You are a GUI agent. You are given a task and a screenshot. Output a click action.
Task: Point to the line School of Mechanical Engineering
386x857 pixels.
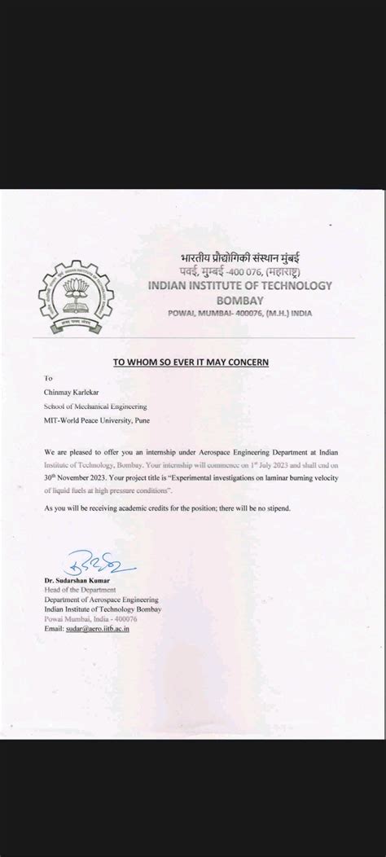tap(95, 406)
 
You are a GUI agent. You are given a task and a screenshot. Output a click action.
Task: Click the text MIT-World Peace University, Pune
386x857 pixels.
tap(97, 420)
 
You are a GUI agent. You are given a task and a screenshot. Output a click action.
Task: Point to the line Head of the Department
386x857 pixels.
tap(81, 590)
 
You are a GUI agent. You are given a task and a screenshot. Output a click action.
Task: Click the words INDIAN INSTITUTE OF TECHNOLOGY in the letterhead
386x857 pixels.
tap(239, 285)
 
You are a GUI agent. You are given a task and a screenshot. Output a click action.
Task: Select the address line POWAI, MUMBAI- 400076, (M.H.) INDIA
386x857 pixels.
tap(239, 313)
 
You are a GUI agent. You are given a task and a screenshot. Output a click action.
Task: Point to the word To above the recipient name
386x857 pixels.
tap(49, 379)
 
